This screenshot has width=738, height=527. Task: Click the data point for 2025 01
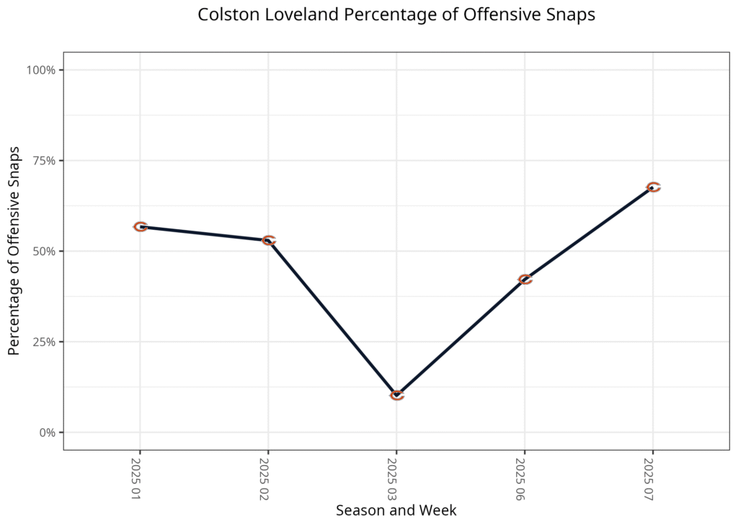tap(141, 226)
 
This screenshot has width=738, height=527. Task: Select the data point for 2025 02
tap(269, 240)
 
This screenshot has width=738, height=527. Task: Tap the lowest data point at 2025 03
tap(397, 395)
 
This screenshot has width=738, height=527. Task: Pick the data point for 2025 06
tap(525, 279)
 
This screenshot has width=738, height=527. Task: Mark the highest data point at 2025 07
tap(653, 187)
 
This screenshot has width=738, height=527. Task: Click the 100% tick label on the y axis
tap(41, 70)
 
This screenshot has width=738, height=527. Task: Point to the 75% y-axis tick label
tap(44, 161)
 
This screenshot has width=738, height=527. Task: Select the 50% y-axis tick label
tap(44, 252)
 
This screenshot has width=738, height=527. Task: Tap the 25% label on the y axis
tap(44, 342)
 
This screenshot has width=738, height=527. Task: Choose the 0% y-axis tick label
tap(47, 433)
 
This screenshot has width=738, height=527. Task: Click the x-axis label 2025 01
tap(137, 479)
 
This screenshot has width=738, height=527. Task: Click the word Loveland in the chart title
tap(286, 14)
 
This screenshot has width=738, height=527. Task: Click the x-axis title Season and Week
tap(396, 510)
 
